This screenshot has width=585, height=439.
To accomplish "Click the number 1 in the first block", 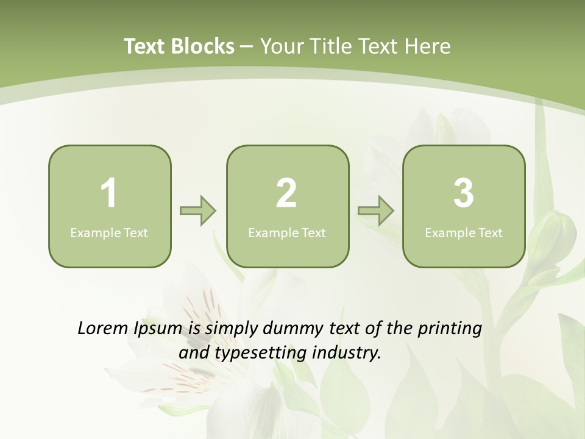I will click(x=108, y=193).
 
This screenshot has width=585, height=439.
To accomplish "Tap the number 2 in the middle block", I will click(x=286, y=193).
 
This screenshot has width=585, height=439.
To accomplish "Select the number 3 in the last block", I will click(x=464, y=193).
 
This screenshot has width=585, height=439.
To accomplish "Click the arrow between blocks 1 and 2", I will click(x=198, y=211).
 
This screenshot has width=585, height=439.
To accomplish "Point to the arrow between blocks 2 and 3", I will click(x=376, y=211).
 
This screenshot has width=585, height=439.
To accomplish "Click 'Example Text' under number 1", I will click(x=109, y=232).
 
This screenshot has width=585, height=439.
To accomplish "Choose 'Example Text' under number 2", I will click(x=287, y=232).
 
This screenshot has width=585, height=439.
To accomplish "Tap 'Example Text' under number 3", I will click(x=464, y=232).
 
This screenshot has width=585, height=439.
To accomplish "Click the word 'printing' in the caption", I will click(x=449, y=329).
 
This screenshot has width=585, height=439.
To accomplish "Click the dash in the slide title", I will click(x=247, y=46).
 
